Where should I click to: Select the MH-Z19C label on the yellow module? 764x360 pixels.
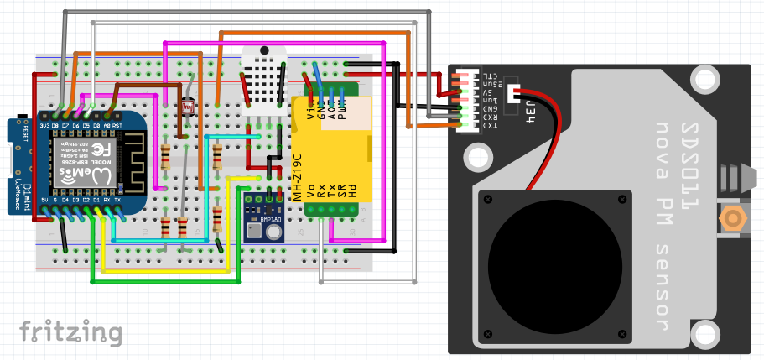297,176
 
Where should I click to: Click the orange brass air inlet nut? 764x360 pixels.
733,220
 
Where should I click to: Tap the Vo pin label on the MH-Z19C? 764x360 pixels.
311,190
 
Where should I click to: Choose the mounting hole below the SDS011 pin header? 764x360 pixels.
478,156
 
